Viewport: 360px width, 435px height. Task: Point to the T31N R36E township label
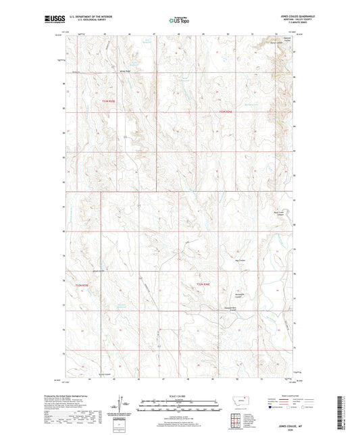click(x=203, y=285)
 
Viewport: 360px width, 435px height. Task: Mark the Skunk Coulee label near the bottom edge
click(x=102, y=374)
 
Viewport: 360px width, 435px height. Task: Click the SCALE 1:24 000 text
click(x=180, y=395)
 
